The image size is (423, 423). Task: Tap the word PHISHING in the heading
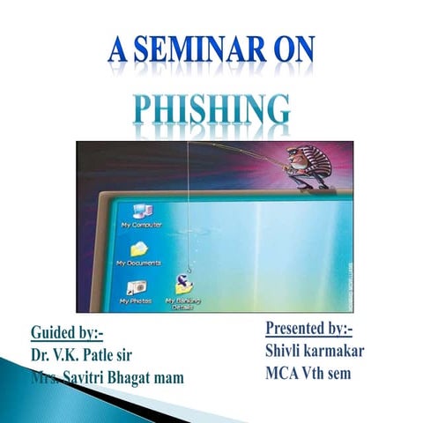click(211, 108)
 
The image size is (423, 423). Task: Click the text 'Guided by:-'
click(67, 333)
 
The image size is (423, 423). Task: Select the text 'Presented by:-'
click(309, 329)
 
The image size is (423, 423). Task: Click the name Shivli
click(287, 350)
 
